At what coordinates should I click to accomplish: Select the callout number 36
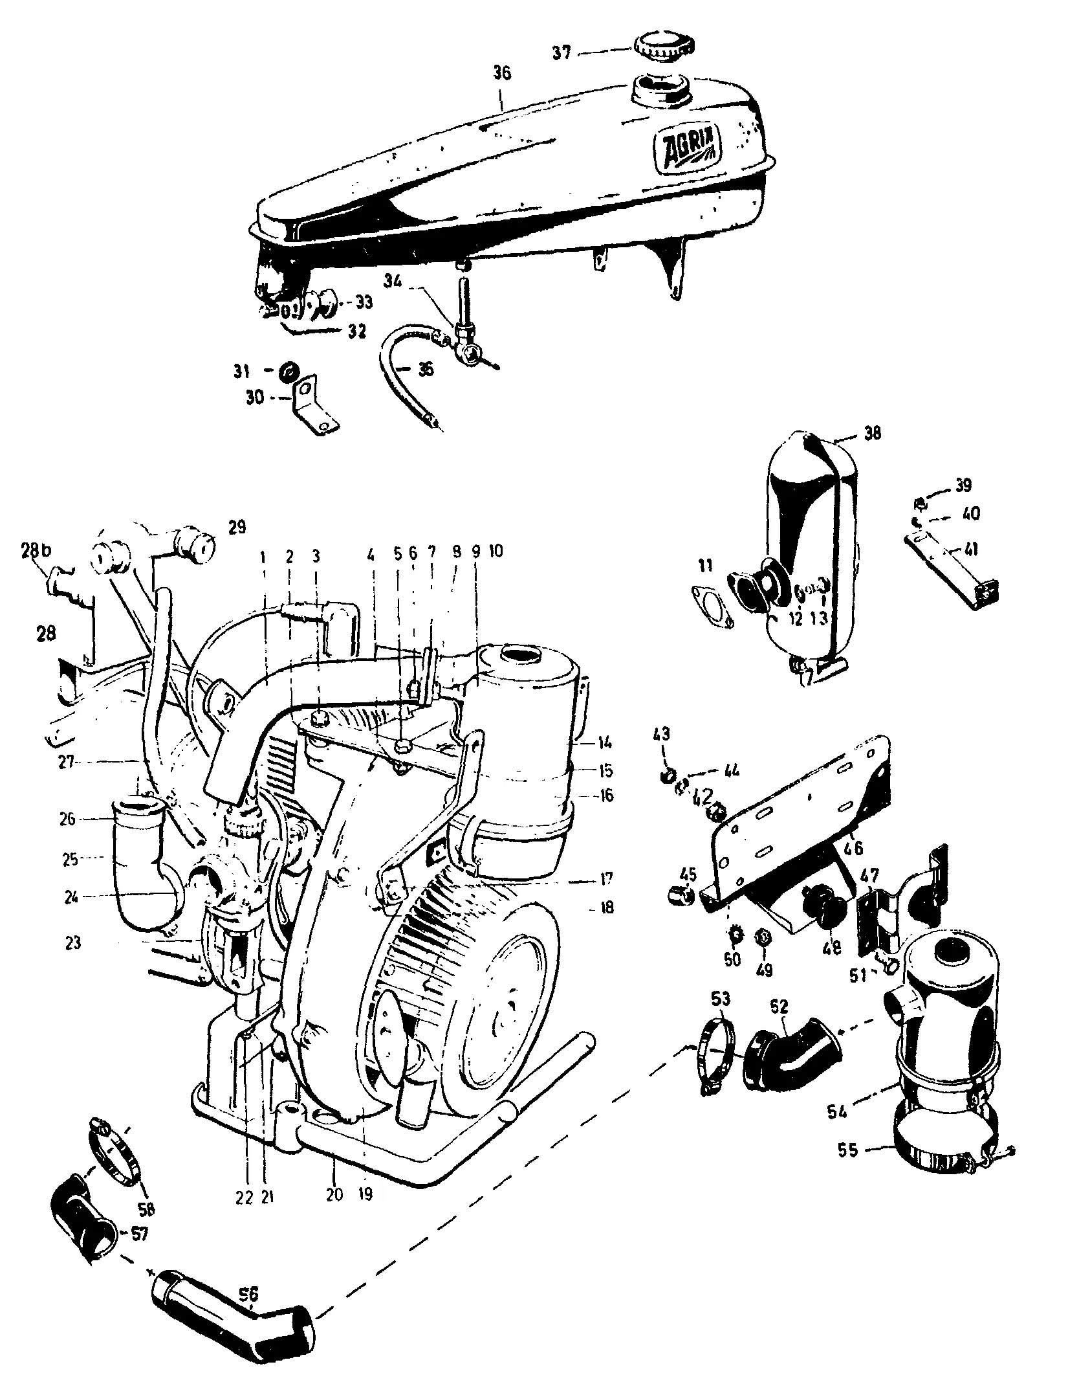tap(501, 74)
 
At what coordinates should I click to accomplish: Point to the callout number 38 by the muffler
tap(872, 433)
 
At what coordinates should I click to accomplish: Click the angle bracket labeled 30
tap(314, 407)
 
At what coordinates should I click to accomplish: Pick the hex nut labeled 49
tap(763, 955)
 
